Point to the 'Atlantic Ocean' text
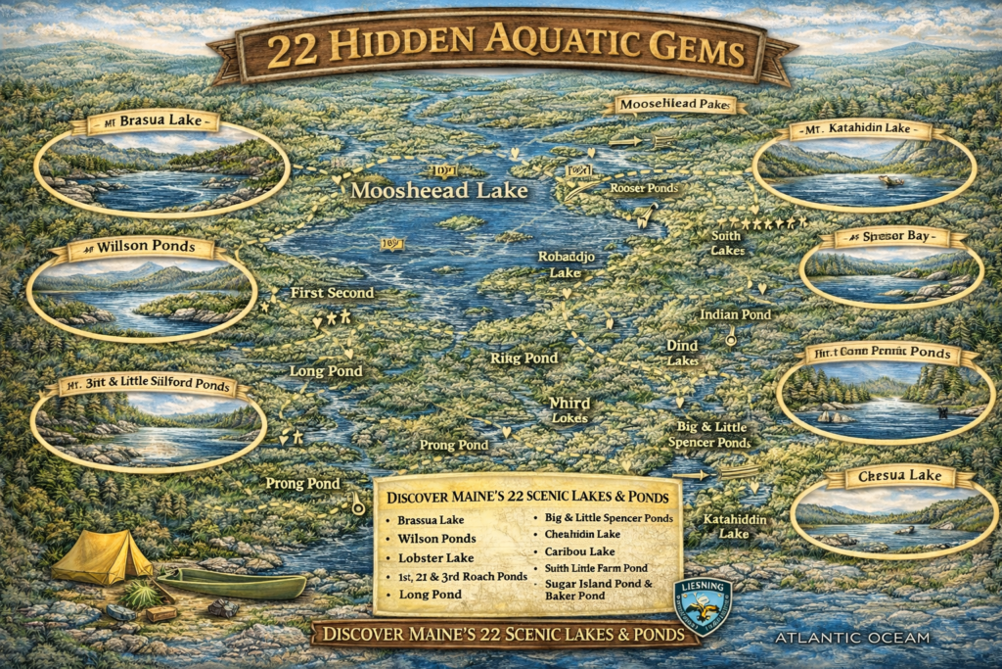[851, 638]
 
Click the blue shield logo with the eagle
[702, 605]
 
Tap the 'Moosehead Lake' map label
[439, 191]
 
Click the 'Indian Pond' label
[735, 314]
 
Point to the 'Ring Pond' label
[524, 358]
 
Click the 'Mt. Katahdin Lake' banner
[866, 130]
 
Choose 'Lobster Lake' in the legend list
[435, 556]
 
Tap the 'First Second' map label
[332, 293]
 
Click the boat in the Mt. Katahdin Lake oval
[889, 181]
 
